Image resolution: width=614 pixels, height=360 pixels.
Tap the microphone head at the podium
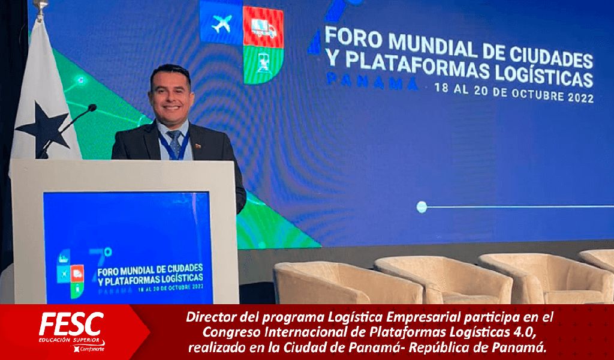(92, 108)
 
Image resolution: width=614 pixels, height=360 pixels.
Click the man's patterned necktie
(174, 143)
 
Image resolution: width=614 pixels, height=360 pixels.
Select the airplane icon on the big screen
(222, 23)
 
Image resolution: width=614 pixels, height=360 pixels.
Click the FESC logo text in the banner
(72, 325)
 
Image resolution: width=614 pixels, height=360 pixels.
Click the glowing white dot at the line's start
(422, 207)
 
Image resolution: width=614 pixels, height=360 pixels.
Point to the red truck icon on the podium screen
(77, 273)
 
